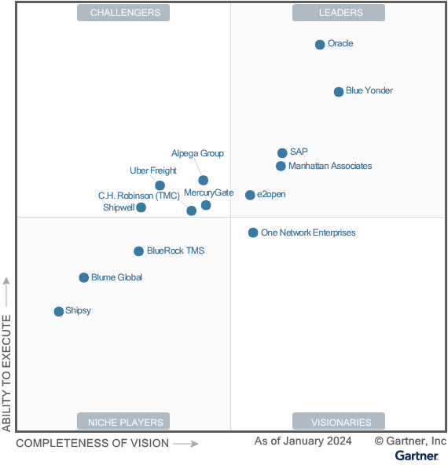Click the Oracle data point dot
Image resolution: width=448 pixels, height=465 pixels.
coord(320,45)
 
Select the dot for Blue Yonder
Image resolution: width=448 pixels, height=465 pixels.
coord(339,92)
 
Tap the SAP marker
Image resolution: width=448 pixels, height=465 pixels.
coord(282,153)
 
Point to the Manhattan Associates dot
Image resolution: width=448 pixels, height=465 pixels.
coord(281,166)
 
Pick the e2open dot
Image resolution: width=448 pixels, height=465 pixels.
coord(250,195)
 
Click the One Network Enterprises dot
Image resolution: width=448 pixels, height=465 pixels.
coord(253,233)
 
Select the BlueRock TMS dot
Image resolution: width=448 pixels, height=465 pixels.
coord(139,251)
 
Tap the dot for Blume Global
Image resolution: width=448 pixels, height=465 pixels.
coord(84,277)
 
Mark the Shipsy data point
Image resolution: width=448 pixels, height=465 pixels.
coord(59,312)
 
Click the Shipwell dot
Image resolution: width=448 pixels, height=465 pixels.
coord(141,207)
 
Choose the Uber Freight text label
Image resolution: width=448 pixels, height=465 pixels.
coord(152,170)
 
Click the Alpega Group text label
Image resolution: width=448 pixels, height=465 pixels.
coord(197,153)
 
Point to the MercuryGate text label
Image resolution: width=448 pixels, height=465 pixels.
coord(208,192)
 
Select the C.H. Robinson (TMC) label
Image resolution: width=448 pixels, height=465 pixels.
coord(138,196)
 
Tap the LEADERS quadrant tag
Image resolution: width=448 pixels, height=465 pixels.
coord(339,13)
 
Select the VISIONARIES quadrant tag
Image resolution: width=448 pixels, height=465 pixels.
coord(339,422)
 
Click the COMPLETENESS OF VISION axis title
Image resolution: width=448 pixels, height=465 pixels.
coord(92,443)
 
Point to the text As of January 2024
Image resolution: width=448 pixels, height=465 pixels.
coord(303,441)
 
